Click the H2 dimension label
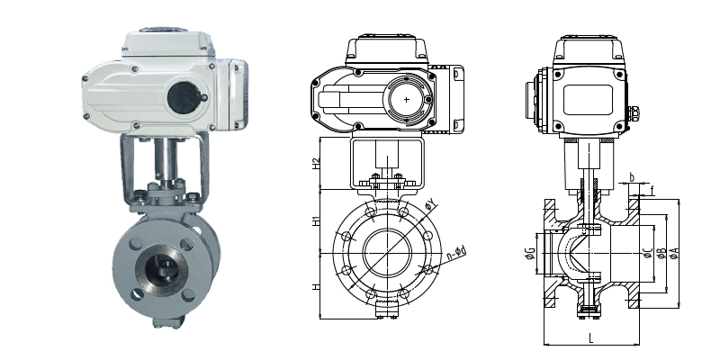pos(316,164)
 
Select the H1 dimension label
pos(316,220)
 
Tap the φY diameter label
pos(431,205)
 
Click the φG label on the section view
pos(530,252)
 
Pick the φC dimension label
pos(648,252)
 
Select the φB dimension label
pos(661,253)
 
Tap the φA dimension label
pos(674,253)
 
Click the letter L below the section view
pos(591,338)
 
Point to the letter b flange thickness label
pos(632,176)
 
